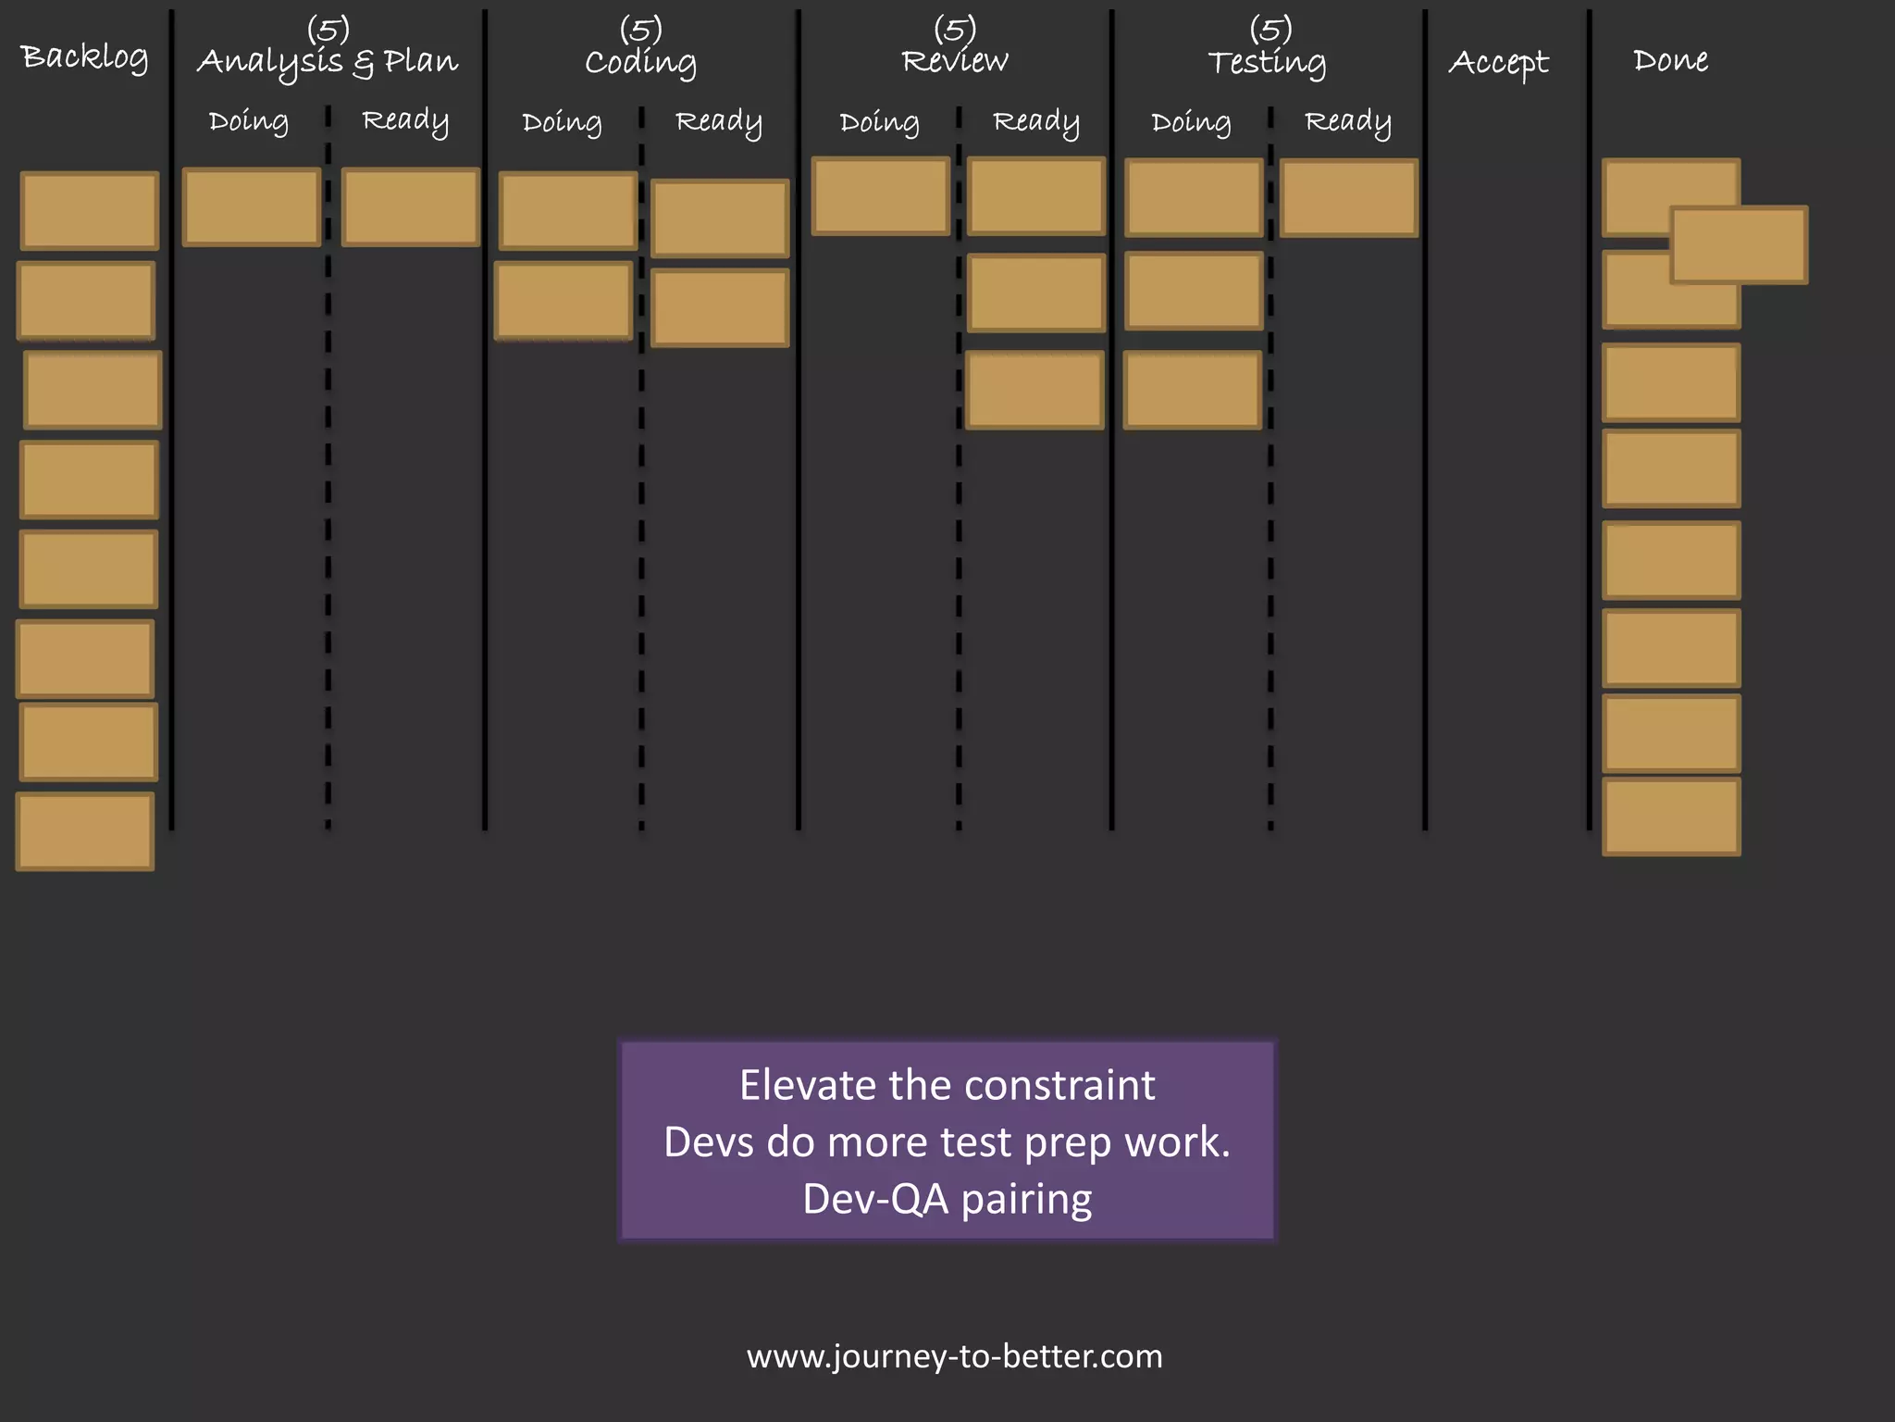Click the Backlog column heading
pos(84,57)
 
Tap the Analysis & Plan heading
pos(328,62)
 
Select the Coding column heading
pos(640,62)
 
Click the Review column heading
pos(954,61)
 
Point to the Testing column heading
pos(1267,62)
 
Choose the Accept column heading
pos(1498,62)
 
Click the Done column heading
pos(1670,60)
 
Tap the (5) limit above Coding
pos(640,29)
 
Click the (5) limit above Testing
pos(1270,29)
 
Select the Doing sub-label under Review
pos(879,122)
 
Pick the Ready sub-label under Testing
pos(1347,122)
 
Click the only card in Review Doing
pos(881,196)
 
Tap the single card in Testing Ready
pos(1349,198)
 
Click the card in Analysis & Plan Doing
pos(252,207)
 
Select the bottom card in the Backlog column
pos(85,831)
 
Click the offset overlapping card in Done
pos(1740,245)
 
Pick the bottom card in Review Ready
pos(1034,390)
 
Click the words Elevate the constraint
pos(947,1085)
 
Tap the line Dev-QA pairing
pos(947,1199)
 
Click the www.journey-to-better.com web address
pos(954,1356)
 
